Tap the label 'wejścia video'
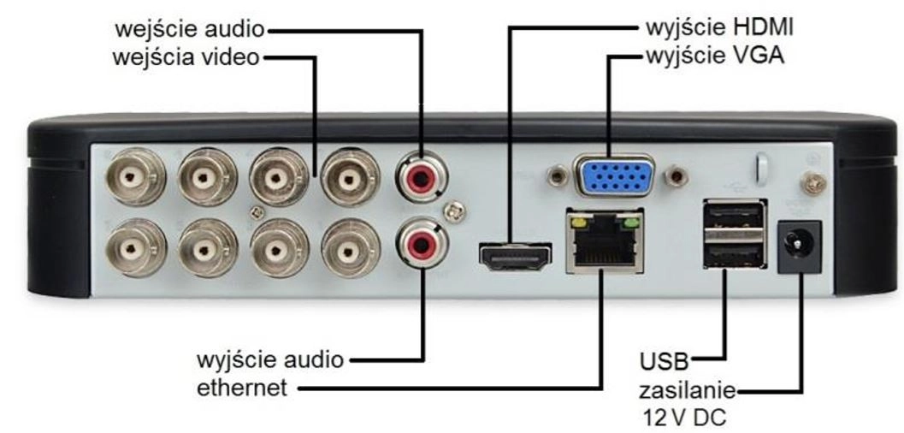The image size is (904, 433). pos(186,59)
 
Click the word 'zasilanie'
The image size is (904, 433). pos(687,392)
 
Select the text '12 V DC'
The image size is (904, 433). pos(682,418)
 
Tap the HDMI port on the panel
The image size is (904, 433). pos(514,255)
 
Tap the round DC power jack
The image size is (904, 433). pos(799,246)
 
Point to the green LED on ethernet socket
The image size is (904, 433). pos(631,224)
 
